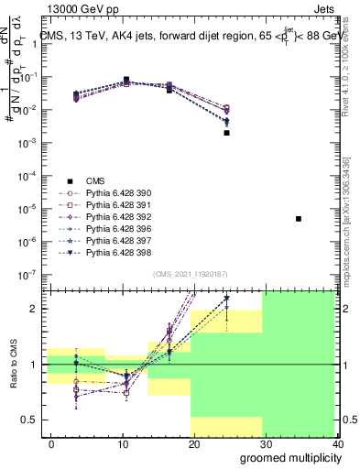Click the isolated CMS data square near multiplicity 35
point(299,219)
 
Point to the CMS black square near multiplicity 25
point(226,133)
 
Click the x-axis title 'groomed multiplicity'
point(286,457)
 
